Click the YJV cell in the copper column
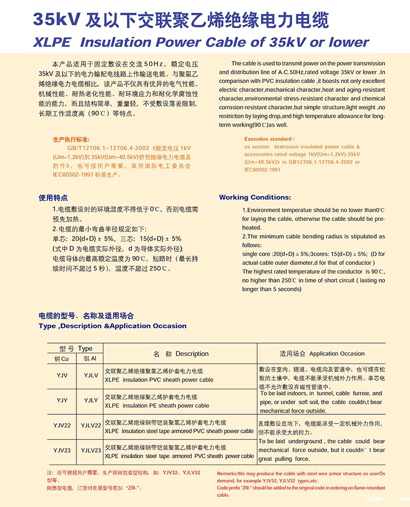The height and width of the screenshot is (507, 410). pyautogui.click(x=62, y=375)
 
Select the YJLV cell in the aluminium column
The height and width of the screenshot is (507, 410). pyautogui.click(x=91, y=375)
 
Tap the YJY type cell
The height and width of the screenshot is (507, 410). pyautogui.click(x=62, y=400)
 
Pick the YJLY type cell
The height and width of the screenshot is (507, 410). pyautogui.click(x=91, y=400)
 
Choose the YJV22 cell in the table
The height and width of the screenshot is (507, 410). pyautogui.click(x=62, y=426)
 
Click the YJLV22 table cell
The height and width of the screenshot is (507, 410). pyautogui.click(x=91, y=426)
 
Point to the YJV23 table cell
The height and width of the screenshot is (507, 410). pyautogui.click(x=62, y=450)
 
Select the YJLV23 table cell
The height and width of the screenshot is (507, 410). pyautogui.click(x=91, y=450)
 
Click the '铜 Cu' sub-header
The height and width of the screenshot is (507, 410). pyautogui.click(x=62, y=358)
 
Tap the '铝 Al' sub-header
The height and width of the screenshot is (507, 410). pyautogui.click(x=90, y=358)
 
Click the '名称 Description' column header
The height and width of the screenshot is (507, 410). pyautogui.click(x=181, y=354)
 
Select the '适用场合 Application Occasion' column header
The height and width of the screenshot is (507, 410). pyautogui.click(x=322, y=354)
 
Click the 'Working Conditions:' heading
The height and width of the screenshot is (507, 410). pyautogui.click(x=255, y=197)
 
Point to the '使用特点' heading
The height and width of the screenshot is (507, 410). pyautogui.click(x=53, y=198)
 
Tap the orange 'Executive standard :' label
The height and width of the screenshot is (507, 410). pyautogui.click(x=269, y=139)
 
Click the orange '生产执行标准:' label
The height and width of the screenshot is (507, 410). pyautogui.click(x=71, y=139)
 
